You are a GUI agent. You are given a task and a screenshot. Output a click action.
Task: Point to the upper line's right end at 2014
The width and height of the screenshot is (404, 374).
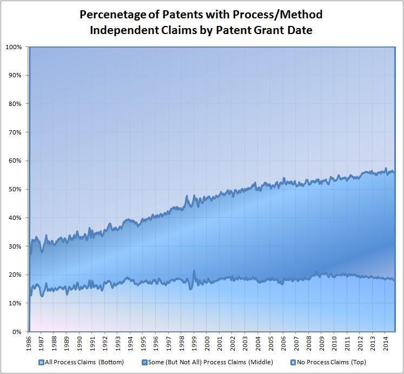coord(394,172)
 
